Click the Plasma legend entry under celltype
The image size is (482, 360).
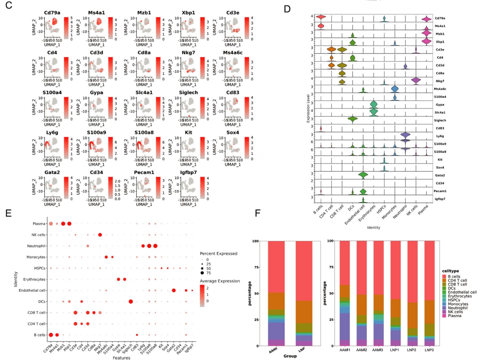[x=453, y=315]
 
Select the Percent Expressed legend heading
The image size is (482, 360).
[x=220, y=253]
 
